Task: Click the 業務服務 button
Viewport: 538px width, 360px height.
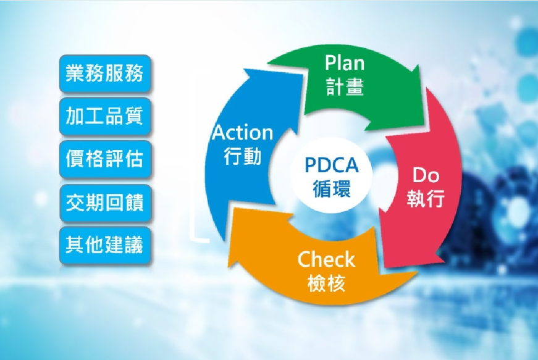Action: [x=104, y=73]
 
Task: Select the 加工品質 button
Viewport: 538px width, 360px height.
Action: [x=104, y=115]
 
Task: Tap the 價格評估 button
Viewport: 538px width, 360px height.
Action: [x=104, y=159]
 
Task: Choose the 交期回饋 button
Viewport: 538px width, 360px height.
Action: [x=104, y=202]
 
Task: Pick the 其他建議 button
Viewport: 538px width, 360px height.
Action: [x=104, y=245]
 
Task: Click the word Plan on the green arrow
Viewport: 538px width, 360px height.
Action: [x=345, y=64]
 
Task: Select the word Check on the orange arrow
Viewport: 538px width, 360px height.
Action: [x=326, y=260]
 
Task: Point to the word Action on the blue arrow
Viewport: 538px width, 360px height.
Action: [x=242, y=133]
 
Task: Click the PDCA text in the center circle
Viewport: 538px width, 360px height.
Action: [x=332, y=165]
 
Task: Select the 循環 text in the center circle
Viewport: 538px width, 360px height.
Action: [x=332, y=188]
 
